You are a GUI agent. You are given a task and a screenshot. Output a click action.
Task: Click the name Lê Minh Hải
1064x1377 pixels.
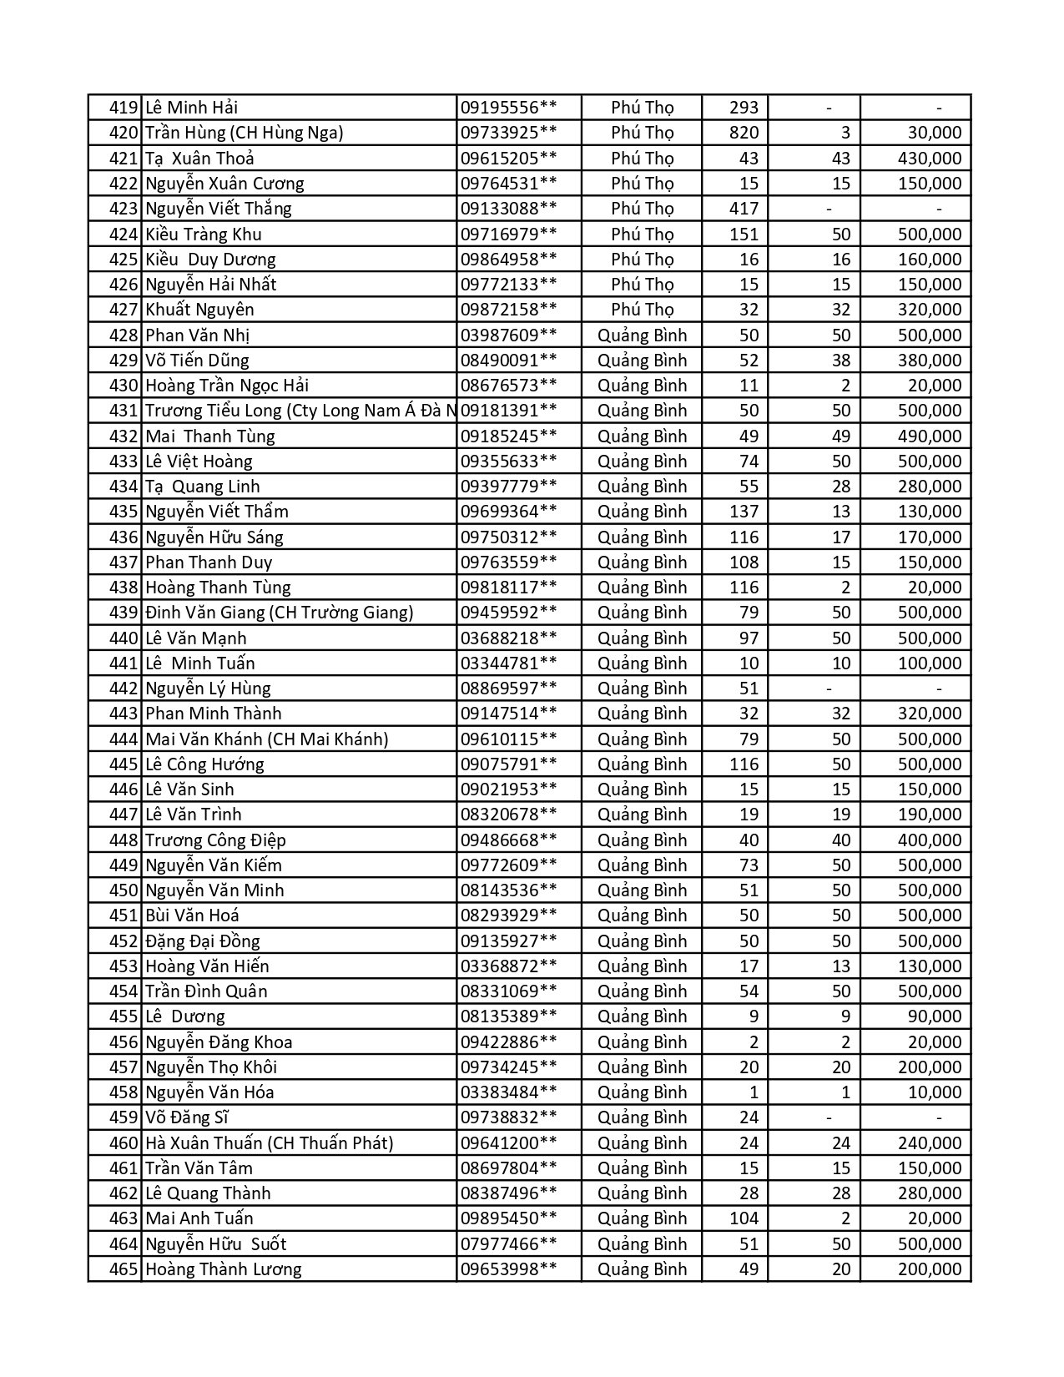tap(191, 108)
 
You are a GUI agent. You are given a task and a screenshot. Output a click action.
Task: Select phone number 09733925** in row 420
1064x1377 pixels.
tap(508, 133)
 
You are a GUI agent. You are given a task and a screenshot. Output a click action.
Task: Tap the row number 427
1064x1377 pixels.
tap(123, 310)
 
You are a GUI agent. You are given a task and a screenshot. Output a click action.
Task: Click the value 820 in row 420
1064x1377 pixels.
tap(744, 133)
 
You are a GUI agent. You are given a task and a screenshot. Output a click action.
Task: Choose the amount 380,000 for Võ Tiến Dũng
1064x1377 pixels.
tap(930, 361)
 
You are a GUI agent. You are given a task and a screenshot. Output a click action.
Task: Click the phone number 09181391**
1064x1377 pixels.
tap(508, 411)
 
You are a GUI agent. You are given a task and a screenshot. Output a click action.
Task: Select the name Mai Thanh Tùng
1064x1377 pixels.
tap(209, 436)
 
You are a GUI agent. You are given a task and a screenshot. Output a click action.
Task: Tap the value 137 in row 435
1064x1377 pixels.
tap(744, 512)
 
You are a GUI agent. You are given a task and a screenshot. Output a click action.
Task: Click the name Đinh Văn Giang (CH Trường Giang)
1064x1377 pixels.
tap(279, 613)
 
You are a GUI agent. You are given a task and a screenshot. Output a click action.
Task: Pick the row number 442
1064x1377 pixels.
tap(123, 688)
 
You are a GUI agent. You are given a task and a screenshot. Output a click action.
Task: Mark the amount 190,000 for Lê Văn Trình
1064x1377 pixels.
tap(930, 815)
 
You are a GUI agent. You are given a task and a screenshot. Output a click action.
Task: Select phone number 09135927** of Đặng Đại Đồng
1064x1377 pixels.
tap(508, 941)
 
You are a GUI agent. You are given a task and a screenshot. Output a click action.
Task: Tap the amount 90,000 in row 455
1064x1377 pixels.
tap(935, 1016)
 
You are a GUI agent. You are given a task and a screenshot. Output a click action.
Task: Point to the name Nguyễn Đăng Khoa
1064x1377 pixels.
tap(219, 1042)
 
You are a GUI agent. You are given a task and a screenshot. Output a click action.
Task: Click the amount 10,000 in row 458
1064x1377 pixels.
tap(935, 1092)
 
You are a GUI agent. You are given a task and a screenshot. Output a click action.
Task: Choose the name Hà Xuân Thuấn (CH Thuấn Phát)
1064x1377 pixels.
tap(269, 1142)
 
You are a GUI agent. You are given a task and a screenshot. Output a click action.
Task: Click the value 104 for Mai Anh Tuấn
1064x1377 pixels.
tap(744, 1218)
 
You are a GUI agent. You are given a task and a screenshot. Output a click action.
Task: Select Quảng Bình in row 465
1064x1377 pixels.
tap(642, 1269)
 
